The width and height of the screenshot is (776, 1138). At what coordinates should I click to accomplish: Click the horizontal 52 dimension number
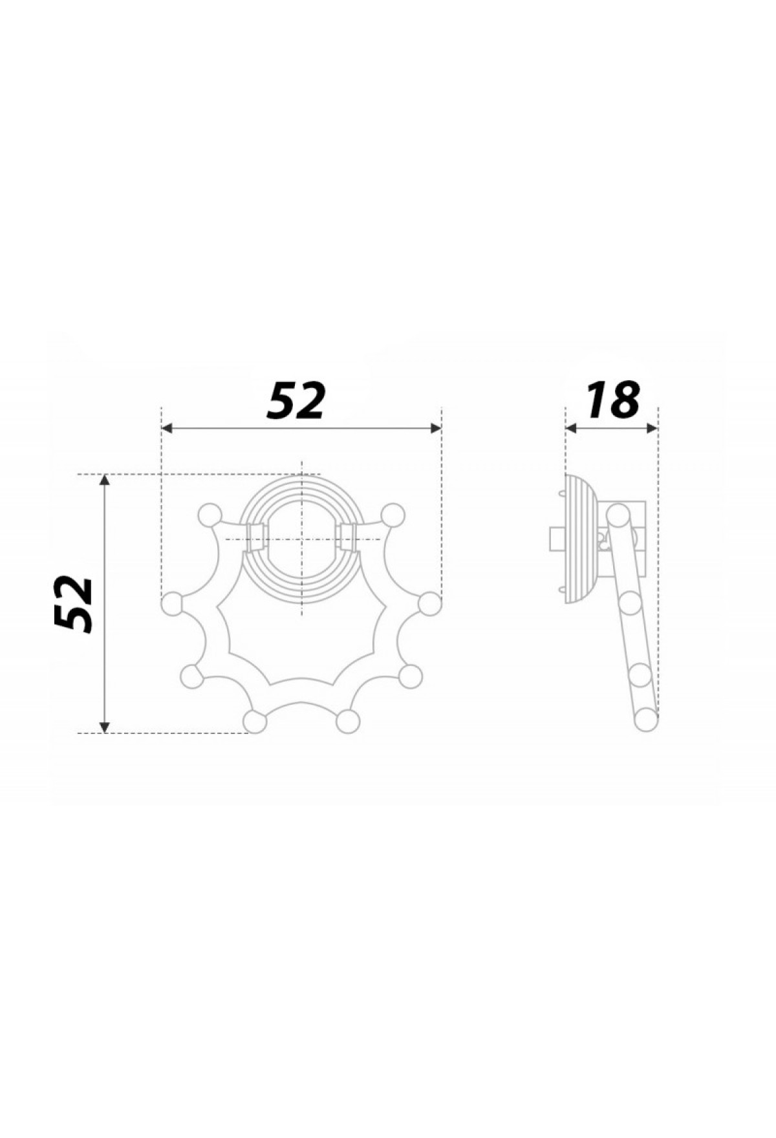(295, 400)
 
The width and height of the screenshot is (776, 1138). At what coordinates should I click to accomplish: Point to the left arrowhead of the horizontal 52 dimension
(167, 428)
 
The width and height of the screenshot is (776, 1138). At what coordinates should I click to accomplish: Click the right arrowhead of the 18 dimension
(652, 428)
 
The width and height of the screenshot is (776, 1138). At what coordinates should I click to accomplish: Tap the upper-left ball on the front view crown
(209, 515)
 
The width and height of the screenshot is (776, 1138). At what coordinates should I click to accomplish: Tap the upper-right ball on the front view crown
(393, 515)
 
